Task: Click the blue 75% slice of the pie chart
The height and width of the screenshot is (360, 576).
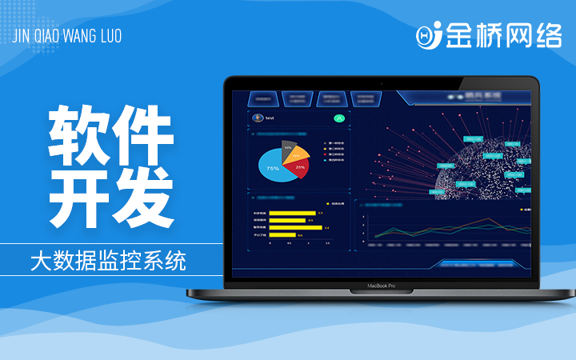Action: coord(270,170)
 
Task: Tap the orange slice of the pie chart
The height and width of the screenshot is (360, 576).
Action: coord(299,154)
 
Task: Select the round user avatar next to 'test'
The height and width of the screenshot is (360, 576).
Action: coord(257,118)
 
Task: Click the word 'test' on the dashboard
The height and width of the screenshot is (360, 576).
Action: coord(270,118)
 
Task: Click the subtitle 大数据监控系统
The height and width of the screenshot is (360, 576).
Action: coord(107,260)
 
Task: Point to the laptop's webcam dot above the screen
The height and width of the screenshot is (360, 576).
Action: coord(382,83)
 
